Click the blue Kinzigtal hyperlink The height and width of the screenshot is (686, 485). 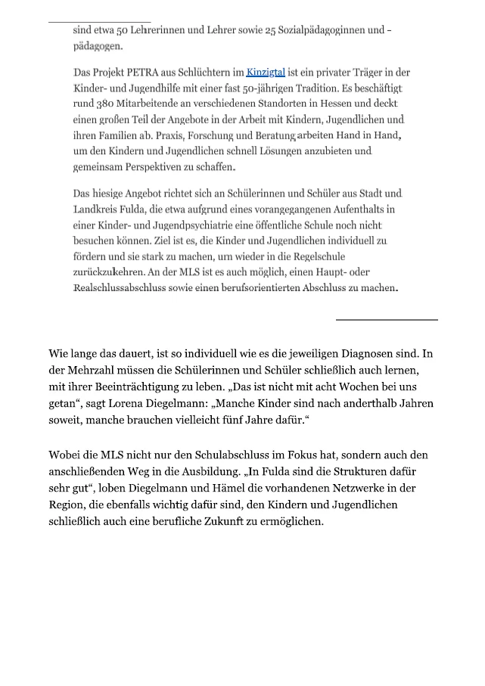(266, 73)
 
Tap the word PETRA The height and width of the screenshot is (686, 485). (133, 73)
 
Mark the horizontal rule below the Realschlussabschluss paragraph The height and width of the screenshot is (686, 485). (387, 320)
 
